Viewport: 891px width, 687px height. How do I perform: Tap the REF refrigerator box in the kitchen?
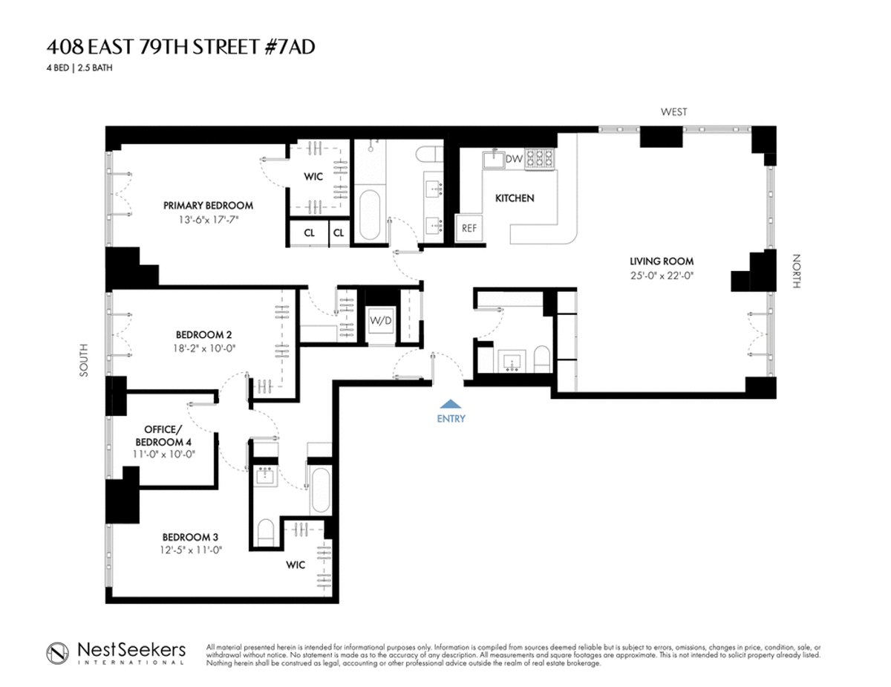(469, 229)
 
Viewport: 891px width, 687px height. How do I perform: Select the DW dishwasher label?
(514, 159)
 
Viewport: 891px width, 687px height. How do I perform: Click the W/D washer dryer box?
(381, 321)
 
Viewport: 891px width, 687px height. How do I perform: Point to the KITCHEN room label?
(515, 198)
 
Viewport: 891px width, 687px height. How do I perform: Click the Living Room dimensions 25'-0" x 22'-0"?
(662, 275)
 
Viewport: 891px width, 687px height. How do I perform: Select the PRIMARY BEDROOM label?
(208, 206)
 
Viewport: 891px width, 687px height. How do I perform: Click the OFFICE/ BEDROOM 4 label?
(172, 435)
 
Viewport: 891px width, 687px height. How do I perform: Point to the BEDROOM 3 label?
(190, 536)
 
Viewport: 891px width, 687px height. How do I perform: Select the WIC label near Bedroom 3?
(296, 565)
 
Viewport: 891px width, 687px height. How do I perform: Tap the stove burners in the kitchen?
(540, 159)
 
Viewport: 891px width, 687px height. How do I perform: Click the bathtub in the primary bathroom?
(370, 215)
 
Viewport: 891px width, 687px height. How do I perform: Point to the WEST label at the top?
(674, 112)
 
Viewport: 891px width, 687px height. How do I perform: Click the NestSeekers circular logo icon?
(59, 651)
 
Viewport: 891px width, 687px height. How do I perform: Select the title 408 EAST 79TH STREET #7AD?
(185, 48)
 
